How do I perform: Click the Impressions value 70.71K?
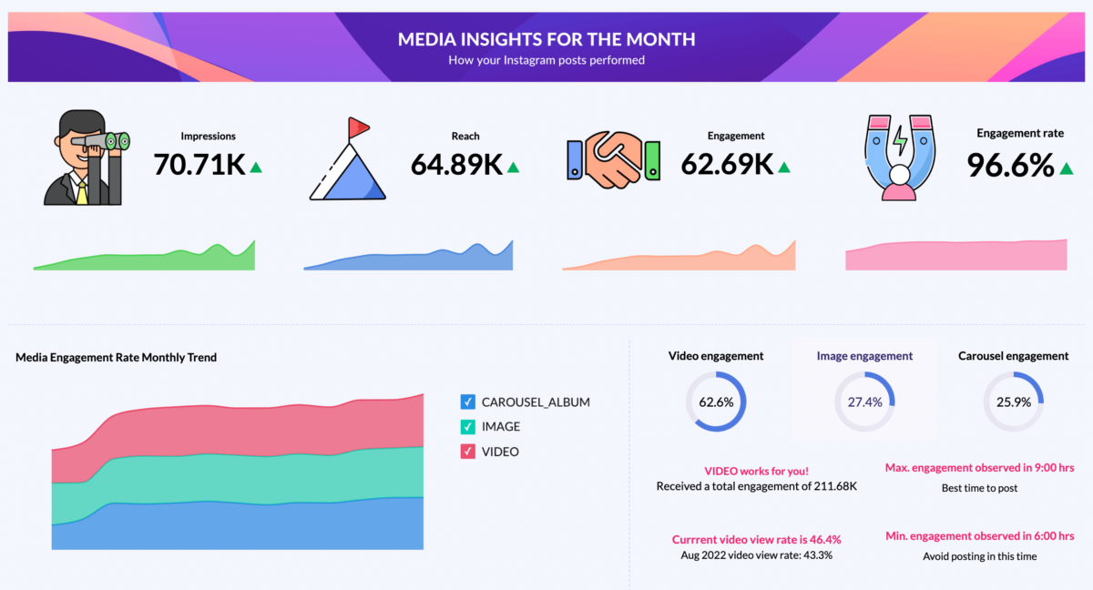[199, 164]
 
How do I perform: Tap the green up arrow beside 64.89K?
[513, 167]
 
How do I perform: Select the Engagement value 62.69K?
[727, 164]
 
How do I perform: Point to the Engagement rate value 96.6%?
[1010, 164]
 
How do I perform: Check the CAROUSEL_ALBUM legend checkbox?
[468, 402]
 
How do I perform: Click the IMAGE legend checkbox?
[468, 426]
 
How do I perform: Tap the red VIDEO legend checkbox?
[468, 451]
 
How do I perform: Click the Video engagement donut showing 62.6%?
[716, 402]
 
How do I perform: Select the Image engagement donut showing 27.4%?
[864, 402]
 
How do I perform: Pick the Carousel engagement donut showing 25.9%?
[1013, 402]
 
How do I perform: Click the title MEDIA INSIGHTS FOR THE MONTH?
[546, 39]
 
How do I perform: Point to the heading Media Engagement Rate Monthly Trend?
[116, 358]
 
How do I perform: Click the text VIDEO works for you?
[756, 471]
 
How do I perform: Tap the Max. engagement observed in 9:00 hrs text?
[979, 468]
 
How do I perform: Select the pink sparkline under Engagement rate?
[955, 256]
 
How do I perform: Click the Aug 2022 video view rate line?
[756, 554]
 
